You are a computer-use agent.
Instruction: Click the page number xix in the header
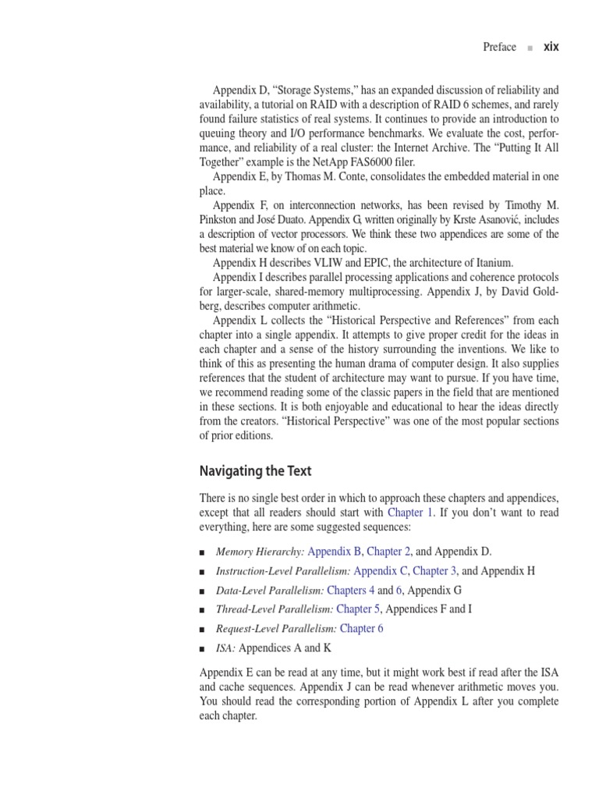coord(551,47)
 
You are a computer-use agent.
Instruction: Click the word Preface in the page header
coord(499,47)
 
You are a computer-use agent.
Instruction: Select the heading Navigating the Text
coord(255,471)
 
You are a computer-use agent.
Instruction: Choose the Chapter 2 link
coord(391,551)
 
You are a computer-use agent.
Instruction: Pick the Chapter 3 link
coord(435,570)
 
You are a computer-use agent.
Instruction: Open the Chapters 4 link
coord(351,590)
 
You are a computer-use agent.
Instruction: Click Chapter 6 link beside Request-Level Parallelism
coord(362,629)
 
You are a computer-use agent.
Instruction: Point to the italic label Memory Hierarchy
coord(260,551)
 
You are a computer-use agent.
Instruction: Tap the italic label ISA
coord(225,648)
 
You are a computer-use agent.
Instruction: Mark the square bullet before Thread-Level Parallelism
coord(203,610)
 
